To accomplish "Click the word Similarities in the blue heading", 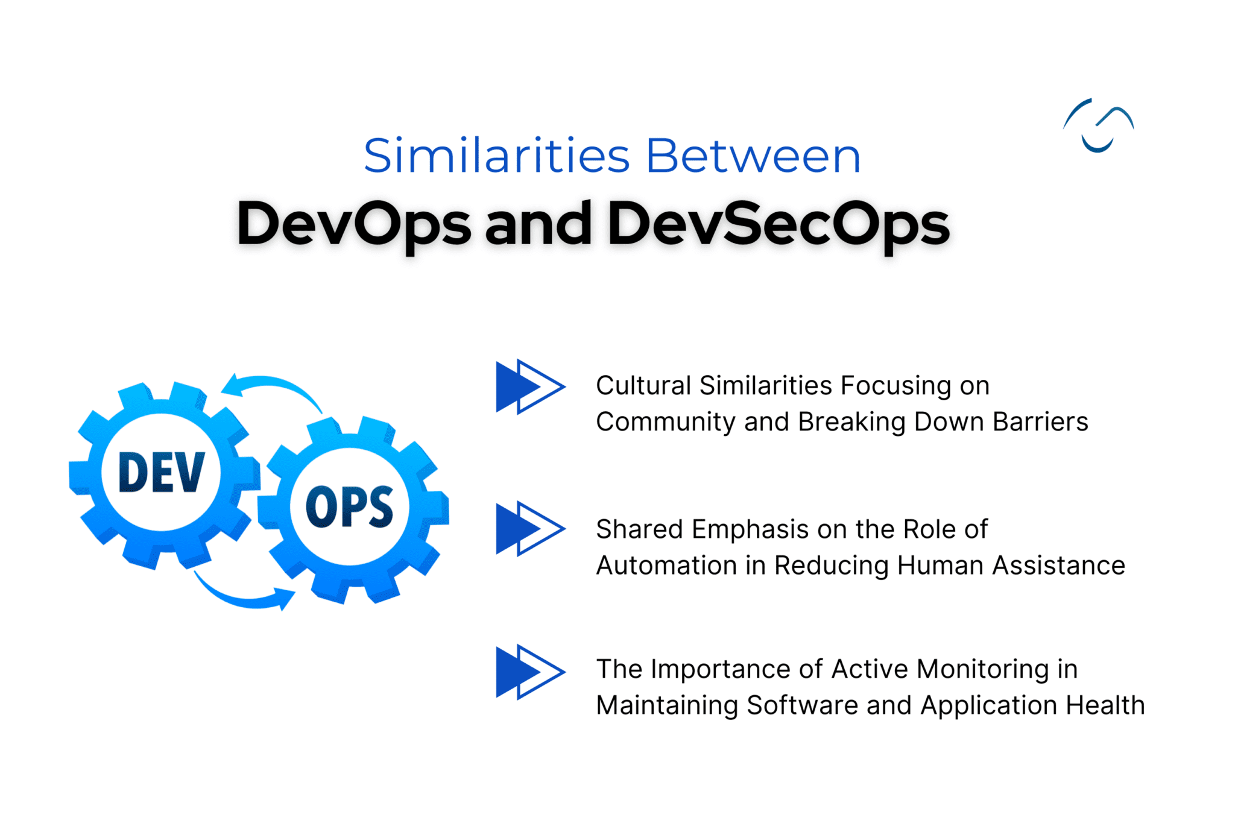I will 496,156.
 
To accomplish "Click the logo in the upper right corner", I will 1098,125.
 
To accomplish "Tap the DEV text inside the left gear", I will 162,472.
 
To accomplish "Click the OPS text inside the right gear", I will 350,507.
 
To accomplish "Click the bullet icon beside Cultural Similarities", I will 529,386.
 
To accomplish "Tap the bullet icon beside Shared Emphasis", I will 529,528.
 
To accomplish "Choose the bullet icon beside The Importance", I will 529,672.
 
